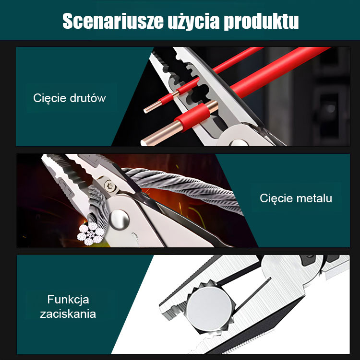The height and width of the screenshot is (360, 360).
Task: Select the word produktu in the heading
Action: pyautogui.click(x=261, y=21)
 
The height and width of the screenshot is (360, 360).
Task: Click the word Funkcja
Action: pyautogui.click(x=68, y=300)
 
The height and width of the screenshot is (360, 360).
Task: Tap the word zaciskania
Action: pyautogui.click(x=68, y=314)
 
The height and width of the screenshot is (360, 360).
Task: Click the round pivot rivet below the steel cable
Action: pyautogui.click(x=119, y=220)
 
